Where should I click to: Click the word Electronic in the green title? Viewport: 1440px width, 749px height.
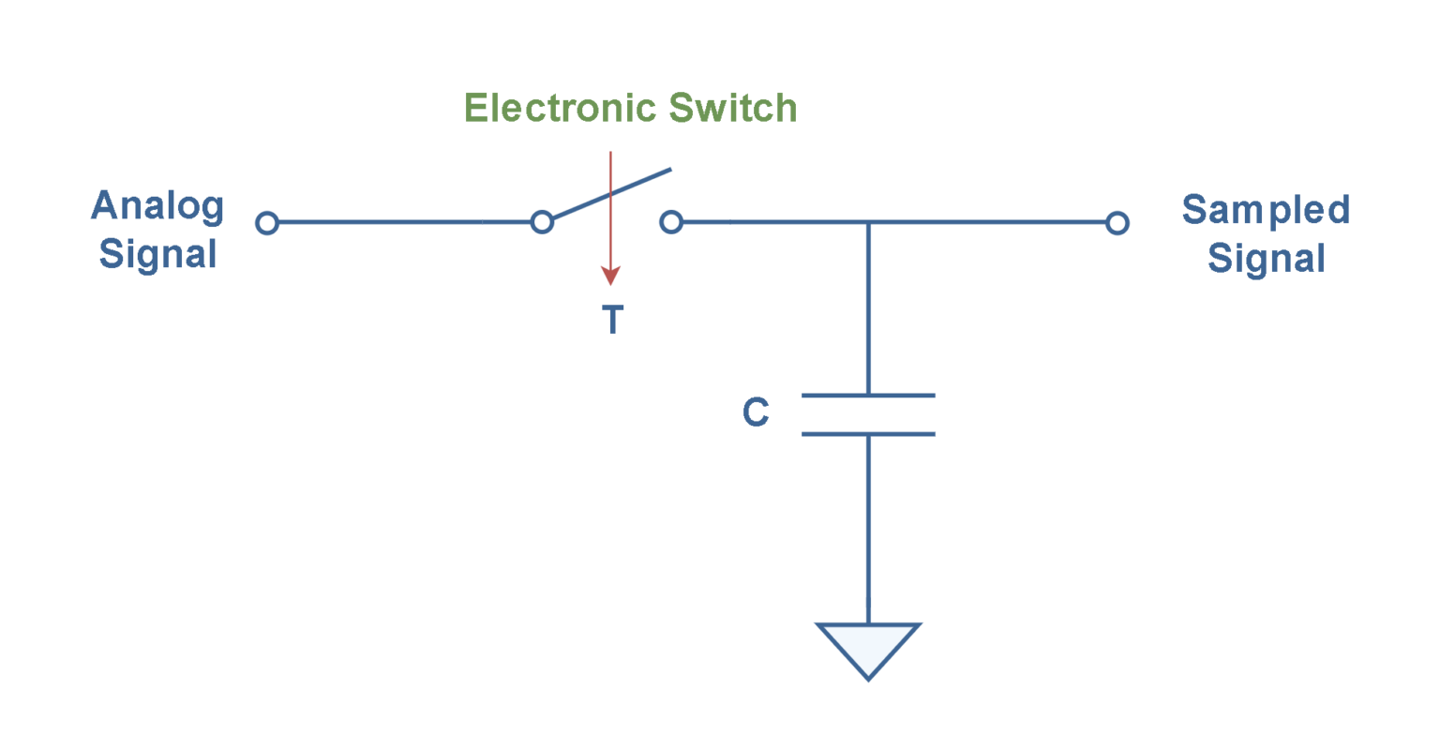click(560, 108)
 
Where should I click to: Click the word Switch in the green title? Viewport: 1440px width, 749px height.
click(733, 108)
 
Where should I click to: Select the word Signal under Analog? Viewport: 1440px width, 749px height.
click(157, 255)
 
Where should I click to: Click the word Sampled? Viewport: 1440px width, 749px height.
click(1266, 211)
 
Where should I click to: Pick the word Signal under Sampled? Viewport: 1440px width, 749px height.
click(1266, 259)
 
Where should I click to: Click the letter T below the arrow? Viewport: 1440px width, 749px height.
click(612, 320)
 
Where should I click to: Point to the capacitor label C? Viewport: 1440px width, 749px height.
click(756, 412)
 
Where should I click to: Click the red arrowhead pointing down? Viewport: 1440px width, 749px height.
click(610, 276)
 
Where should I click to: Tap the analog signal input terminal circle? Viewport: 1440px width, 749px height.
click(267, 223)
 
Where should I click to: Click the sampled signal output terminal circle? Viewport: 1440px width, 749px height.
click(1117, 223)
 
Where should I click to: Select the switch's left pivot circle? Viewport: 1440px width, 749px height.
click(542, 222)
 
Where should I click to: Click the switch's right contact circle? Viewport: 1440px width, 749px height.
click(671, 222)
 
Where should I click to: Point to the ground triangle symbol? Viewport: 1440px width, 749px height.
click(868, 643)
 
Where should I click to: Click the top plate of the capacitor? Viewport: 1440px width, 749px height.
click(868, 396)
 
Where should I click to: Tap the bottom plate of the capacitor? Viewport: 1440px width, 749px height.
click(868, 434)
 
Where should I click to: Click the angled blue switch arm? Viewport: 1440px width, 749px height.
click(612, 193)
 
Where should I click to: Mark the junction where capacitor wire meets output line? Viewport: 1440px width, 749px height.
click(868, 222)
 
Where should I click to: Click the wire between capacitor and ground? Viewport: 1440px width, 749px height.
click(868, 529)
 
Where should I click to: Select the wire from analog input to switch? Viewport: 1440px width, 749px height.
click(404, 222)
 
